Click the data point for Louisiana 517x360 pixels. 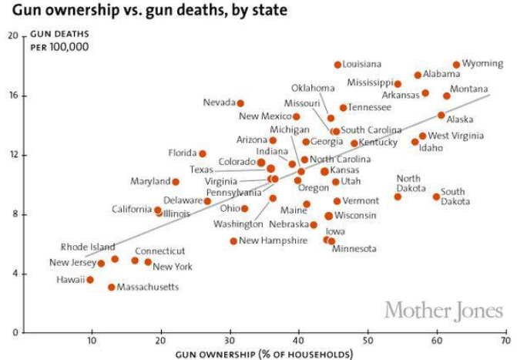pos(337,65)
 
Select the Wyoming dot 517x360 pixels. pos(456,65)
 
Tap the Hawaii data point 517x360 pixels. pos(90,280)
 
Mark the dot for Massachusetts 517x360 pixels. pos(111,287)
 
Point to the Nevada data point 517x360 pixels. pos(240,103)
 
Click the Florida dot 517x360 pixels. pos(203,153)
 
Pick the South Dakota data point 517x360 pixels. pos(436,197)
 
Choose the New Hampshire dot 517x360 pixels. pos(233,241)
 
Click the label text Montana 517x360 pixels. pos(468,89)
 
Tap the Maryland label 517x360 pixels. pos(150,182)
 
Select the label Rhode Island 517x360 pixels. pos(88,247)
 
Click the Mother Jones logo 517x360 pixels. pos(443,311)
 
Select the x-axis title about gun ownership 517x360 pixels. pos(265,354)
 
